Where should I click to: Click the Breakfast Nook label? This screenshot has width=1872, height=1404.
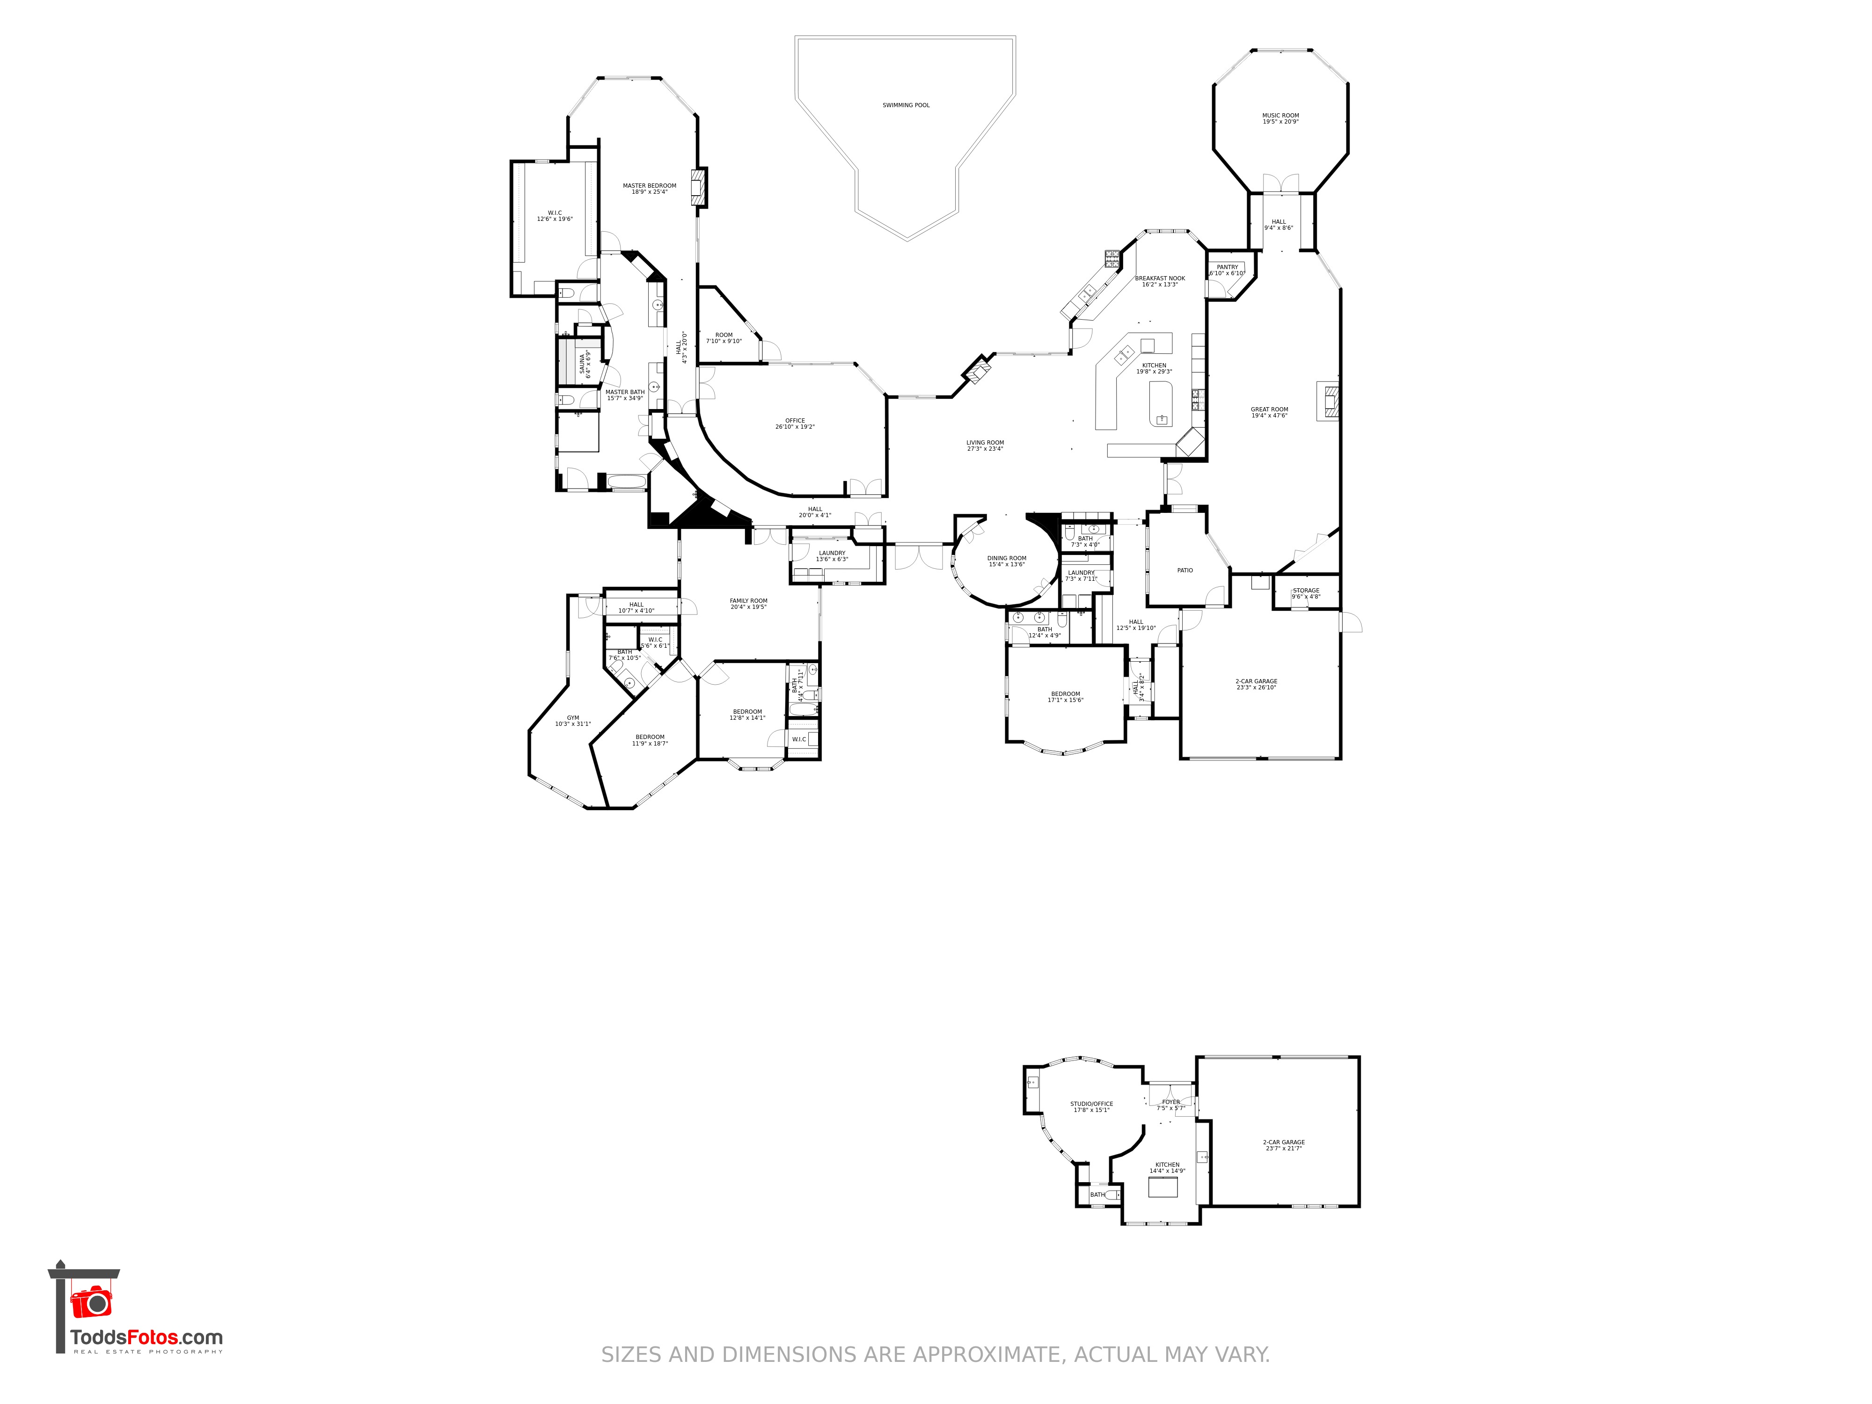point(1159,281)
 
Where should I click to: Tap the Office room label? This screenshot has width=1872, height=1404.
point(795,423)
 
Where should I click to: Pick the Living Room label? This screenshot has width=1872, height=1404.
point(985,445)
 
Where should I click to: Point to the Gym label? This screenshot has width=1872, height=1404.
point(573,720)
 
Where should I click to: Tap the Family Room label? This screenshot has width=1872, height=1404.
point(748,603)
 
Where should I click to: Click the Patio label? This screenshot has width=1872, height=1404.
point(1185,570)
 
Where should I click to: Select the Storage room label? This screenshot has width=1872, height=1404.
point(1306,593)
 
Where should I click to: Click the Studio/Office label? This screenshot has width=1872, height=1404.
point(1091,1106)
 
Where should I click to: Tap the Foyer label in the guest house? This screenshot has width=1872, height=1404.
point(1170,1104)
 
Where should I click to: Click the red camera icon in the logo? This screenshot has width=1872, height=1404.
point(90,1302)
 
